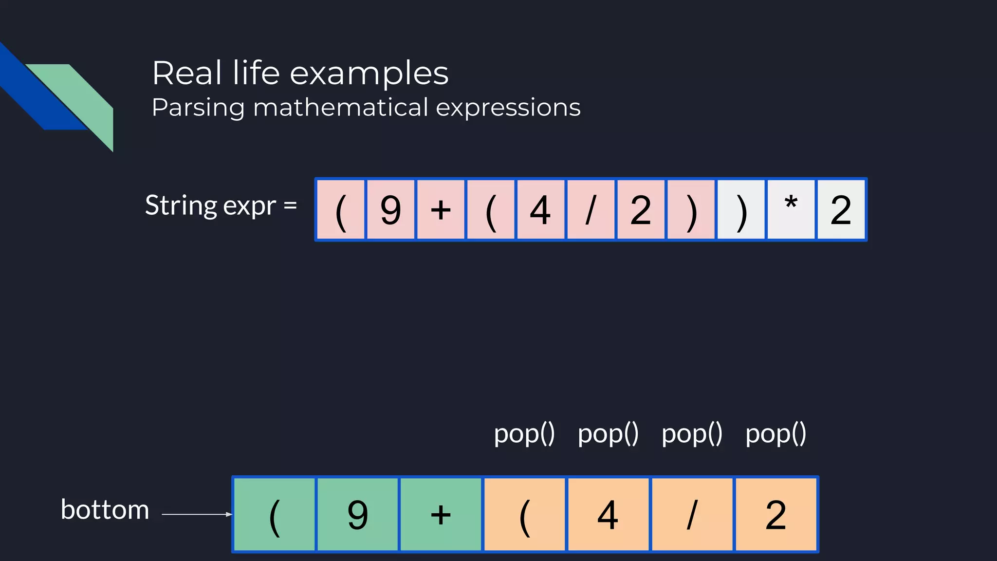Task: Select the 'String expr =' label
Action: [x=221, y=206]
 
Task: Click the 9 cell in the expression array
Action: [x=390, y=210]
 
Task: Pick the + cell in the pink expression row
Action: [x=441, y=210]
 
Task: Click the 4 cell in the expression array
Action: [x=540, y=210]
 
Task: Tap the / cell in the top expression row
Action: [x=591, y=210]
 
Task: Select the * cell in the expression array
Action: [x=791, y=210]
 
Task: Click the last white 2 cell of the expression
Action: [x=841, y=210]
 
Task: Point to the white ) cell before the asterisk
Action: [x=740, y=210]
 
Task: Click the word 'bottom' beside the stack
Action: [x=105, y=510]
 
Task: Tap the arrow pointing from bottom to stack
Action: [x=197, y=514]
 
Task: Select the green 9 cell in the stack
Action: [x=357, y=514]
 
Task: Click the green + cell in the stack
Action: [x=441, y=514]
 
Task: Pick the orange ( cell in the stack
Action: [x=524, y=514]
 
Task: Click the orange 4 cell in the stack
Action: [x=608, y=514]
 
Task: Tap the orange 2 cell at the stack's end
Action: [x=775, y=514]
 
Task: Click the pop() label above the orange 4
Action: [x=608, y=433]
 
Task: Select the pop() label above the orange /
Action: [x=692, y=433]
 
